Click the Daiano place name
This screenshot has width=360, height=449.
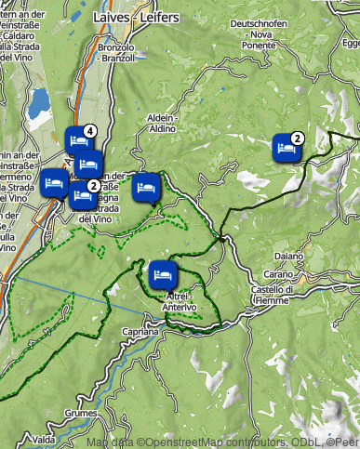[x=288, y=256]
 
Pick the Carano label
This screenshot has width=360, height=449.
[x=279, y=274]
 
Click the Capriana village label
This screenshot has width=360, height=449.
[x=140, y=331]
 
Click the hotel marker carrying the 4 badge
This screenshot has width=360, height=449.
[x=78, y=139]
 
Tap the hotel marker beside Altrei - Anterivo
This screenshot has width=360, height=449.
[x=162, y=275]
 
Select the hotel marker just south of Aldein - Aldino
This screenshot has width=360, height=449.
[x=146, y=189]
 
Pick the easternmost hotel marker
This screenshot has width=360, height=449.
[x=286, y=148]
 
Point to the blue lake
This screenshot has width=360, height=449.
[x=40, y=106]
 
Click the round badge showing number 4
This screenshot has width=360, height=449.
[x=89, y=131]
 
